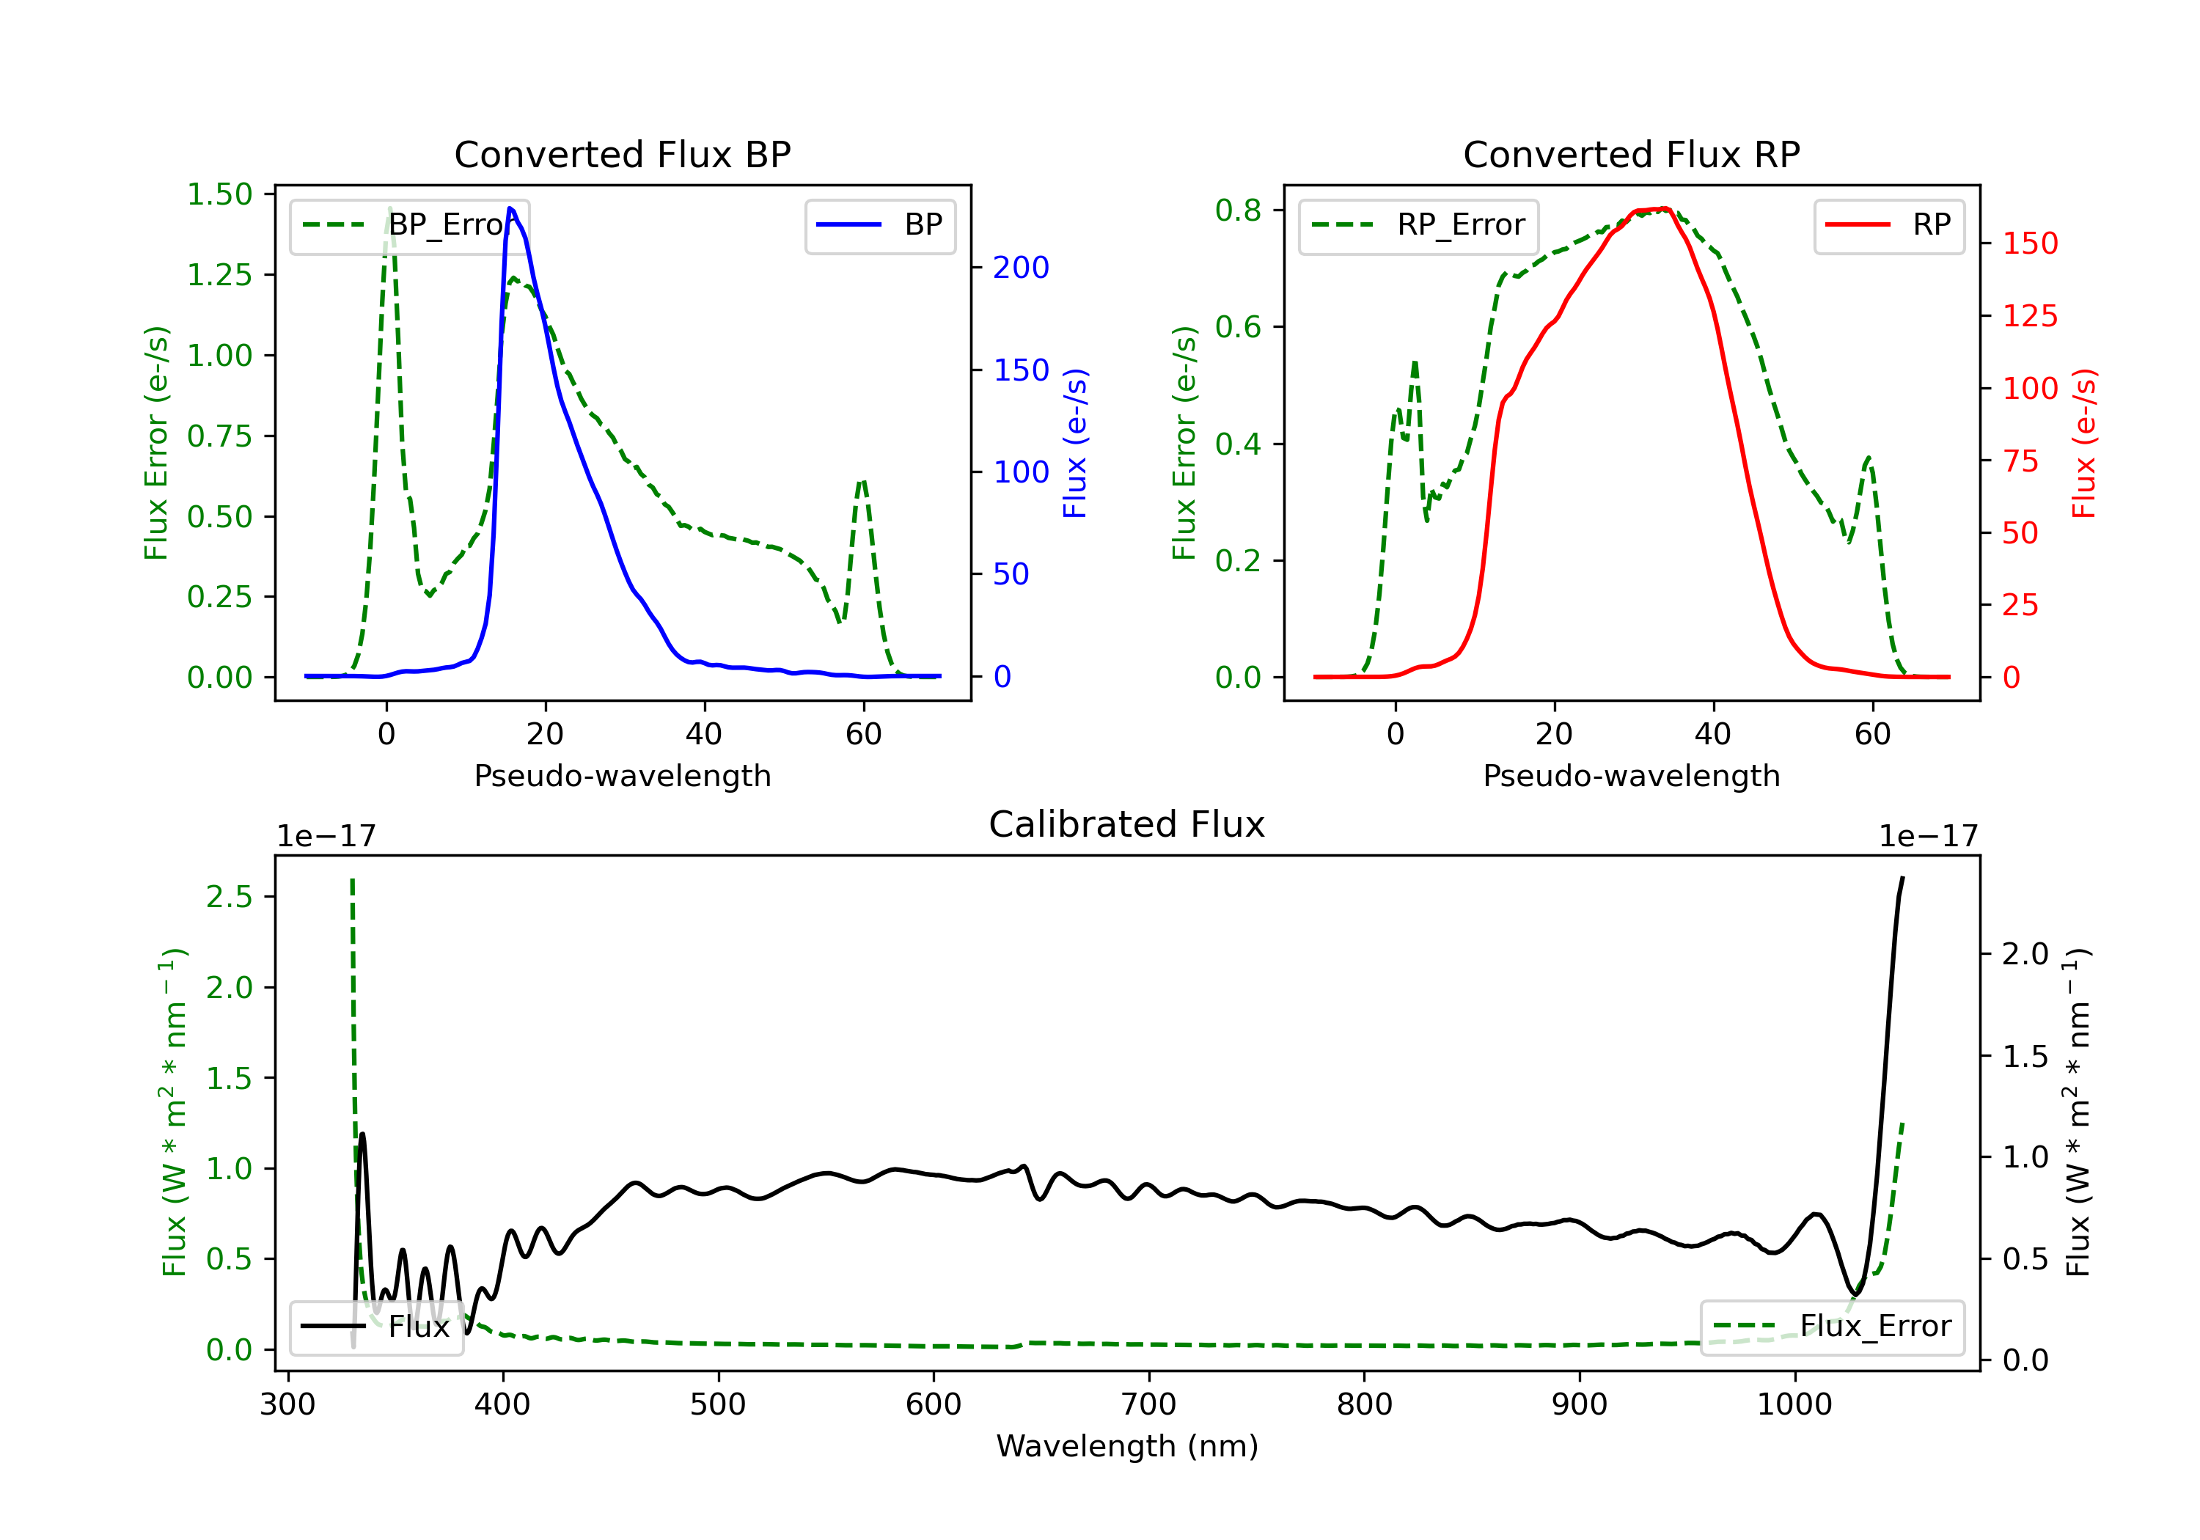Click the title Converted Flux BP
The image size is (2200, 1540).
tap(622, 154)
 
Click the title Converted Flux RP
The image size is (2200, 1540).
tap(1631, 154)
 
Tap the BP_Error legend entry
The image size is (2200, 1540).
tap(410, 226)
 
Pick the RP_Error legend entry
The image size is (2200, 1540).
tap(1419, 226)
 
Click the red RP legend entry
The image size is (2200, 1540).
tap(1888, 226)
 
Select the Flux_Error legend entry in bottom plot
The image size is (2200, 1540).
tap(1832, 1327)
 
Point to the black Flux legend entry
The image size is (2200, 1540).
tap(377, 1327)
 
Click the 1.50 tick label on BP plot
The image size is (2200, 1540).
tap(219, 194)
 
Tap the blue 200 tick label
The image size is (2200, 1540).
tap(1021, 268)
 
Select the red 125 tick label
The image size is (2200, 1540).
tap(2029, 316)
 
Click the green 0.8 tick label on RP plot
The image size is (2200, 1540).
tap(1238, 210)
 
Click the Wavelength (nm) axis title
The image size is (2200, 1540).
tap(1127, 1446)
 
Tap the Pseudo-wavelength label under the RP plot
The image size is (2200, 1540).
tap(1631, 775)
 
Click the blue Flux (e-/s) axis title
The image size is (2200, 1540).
tap(1075, 443)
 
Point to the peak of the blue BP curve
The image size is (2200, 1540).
tap(510, 208)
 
